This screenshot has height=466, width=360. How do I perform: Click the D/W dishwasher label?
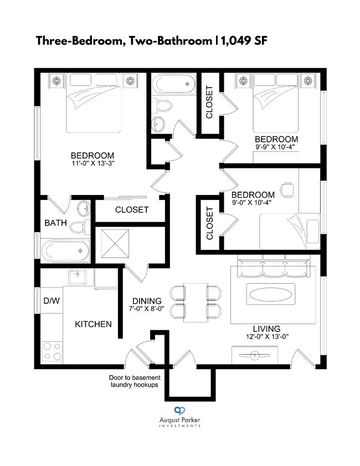52,301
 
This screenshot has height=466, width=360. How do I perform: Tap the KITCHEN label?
93,324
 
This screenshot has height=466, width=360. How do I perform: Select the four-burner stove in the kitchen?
52,352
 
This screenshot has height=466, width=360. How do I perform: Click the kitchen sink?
78,277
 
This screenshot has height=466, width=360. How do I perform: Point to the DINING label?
147,301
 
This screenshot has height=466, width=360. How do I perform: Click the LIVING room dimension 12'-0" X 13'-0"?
268,337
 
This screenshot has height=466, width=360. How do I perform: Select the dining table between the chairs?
196,303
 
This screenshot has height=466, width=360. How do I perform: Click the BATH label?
55,223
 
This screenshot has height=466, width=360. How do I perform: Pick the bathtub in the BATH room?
65,250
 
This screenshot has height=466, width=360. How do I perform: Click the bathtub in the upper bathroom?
173,84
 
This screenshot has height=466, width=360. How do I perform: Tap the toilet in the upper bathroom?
162,105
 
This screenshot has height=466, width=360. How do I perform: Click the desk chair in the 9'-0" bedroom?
287,190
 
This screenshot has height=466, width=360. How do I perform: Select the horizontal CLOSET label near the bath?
132,210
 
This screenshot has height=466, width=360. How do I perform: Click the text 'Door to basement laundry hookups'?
135,381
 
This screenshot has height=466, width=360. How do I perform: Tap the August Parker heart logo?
179,411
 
